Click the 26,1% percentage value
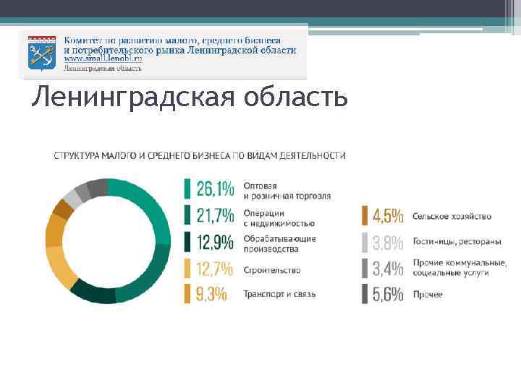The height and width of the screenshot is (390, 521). pyautogui.click(x=215, y=190)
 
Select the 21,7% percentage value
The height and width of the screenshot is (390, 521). pyautogui.click(x=215, y=216)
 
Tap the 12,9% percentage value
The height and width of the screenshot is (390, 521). pyautogui.click(x=215, y=242)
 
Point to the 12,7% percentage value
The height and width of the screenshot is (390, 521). pyautogui.click(x=215, y=269)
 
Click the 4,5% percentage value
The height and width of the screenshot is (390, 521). pyautogui.click(x=387, y=216)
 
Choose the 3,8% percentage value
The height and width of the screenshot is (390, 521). pyautogui.click(x=387, y=242)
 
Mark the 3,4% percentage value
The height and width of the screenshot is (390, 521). pyautogui.click(x=387, y=269)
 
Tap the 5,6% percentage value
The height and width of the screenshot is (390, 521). pyautogui.click(x=387, y=294)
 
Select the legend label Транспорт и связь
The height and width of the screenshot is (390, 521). pyautogui.click(x=279, y=295)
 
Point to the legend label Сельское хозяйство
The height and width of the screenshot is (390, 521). pyautogui.click(x=452, y=217)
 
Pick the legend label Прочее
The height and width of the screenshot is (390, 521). pyautogui.click(x=428, y=295)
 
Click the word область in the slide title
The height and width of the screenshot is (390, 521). pyautogui.click(x=294, y=97)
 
